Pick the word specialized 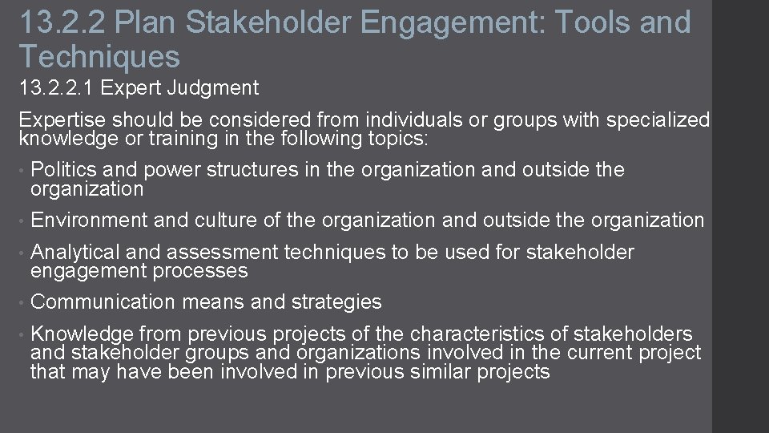tap(658, 120)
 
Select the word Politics tap(62, 170)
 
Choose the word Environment tap(89, 220)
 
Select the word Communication tap(103, 302)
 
